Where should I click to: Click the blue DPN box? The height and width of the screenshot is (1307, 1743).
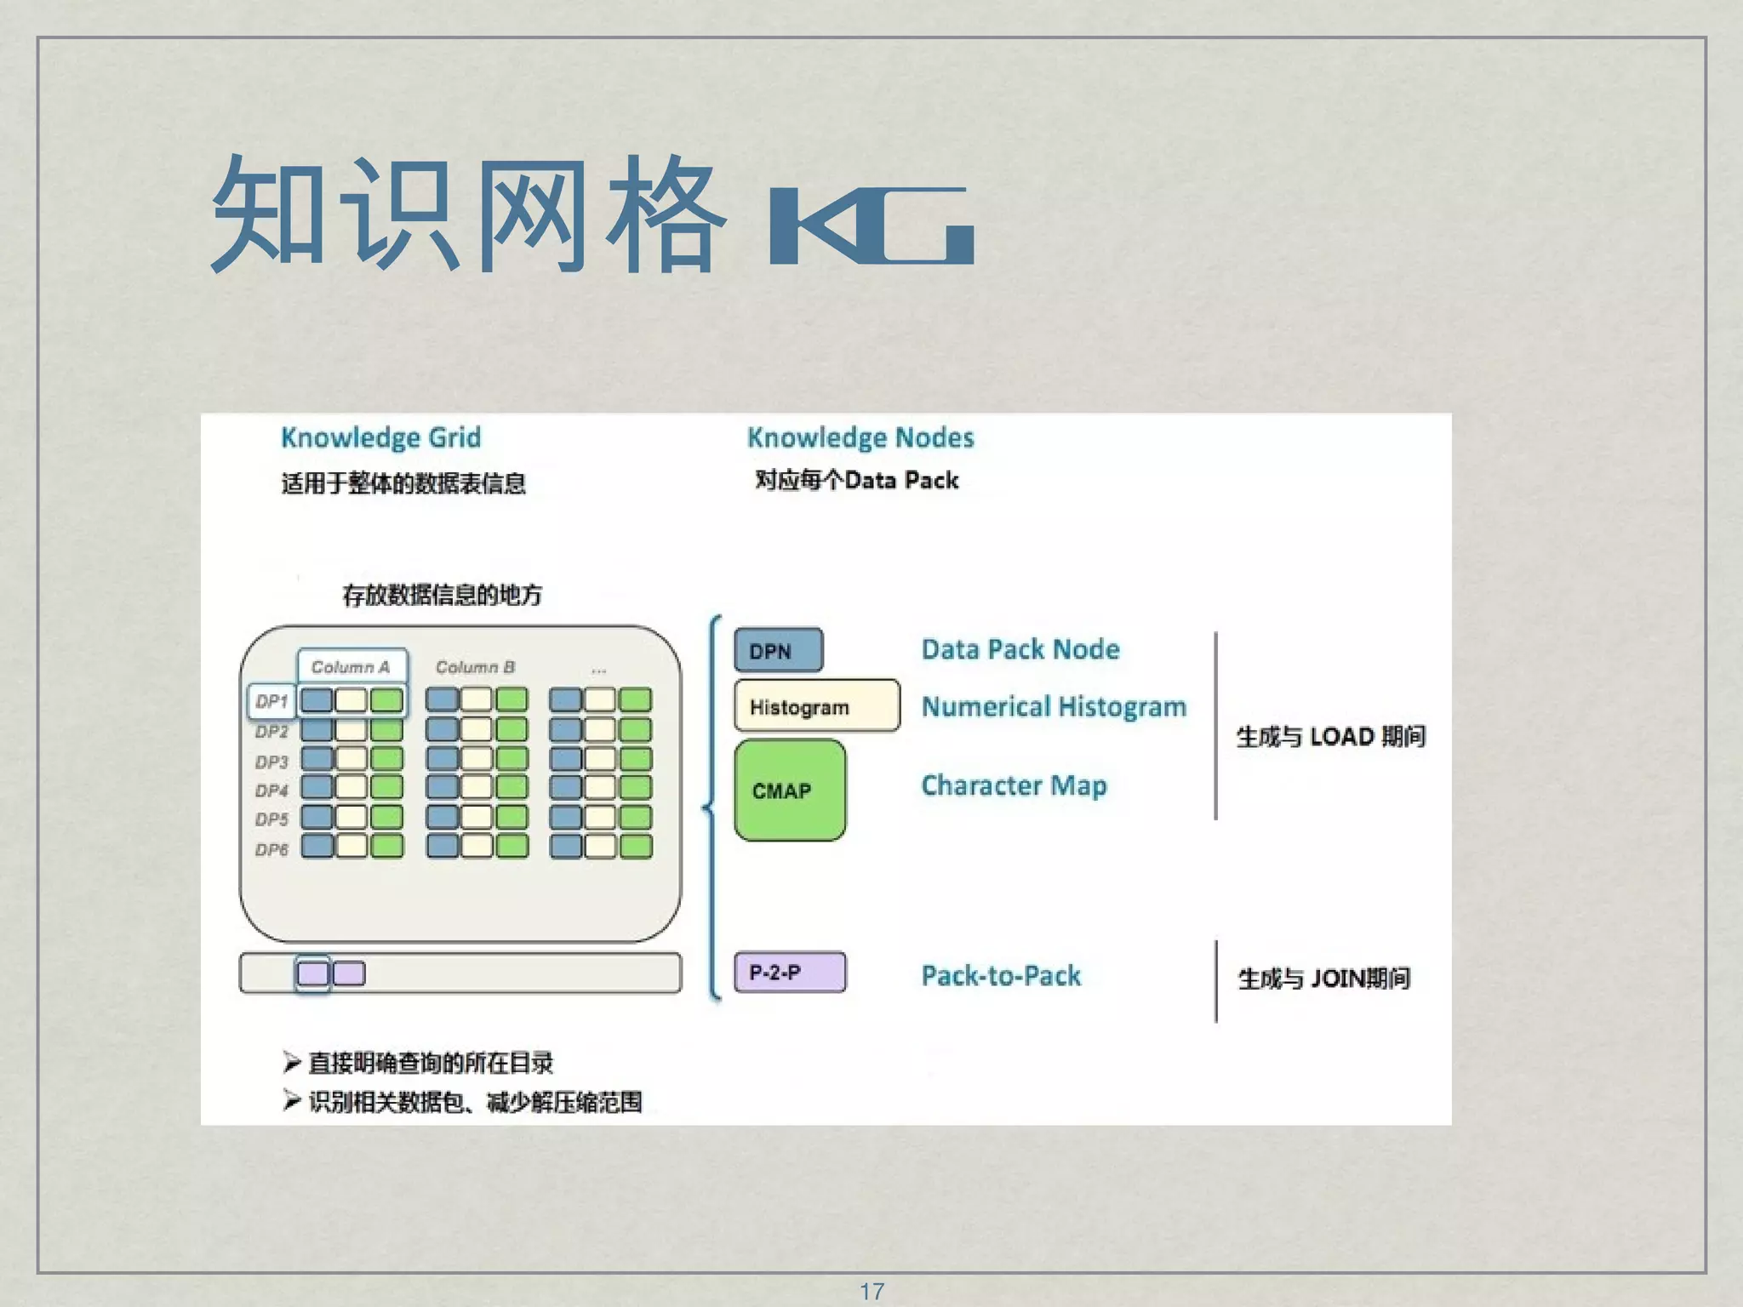(778, 651)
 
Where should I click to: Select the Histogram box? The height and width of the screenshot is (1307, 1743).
(816, 706)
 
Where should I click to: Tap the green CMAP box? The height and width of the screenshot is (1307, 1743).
(790, 790)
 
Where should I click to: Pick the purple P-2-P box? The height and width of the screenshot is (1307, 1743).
(790, 973)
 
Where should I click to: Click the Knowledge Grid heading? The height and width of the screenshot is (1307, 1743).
(380, 437)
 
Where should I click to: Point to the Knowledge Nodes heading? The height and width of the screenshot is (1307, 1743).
(860, 437)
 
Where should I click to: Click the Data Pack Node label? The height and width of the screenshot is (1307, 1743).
(1020, 649)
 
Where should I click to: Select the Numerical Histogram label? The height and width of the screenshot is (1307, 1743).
(1053, 707)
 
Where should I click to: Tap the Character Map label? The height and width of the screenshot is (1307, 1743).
(1013, 785)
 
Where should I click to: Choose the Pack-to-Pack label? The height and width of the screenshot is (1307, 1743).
(1001, 975)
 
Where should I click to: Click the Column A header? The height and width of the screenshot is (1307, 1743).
(351, 667)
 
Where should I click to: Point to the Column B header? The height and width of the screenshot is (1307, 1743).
(475, 667)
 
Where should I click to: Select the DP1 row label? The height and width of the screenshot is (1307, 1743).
(271, 701)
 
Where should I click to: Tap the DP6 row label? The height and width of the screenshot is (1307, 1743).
(271, 849)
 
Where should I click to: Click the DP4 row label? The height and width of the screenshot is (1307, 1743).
(271, 790)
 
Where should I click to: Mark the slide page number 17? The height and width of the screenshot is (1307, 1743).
(871, 1291)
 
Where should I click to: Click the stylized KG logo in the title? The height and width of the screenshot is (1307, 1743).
(871, 225)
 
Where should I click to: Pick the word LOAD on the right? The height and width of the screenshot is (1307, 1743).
(1341, 736)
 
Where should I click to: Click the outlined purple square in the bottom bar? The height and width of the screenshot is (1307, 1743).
(312, 973)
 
